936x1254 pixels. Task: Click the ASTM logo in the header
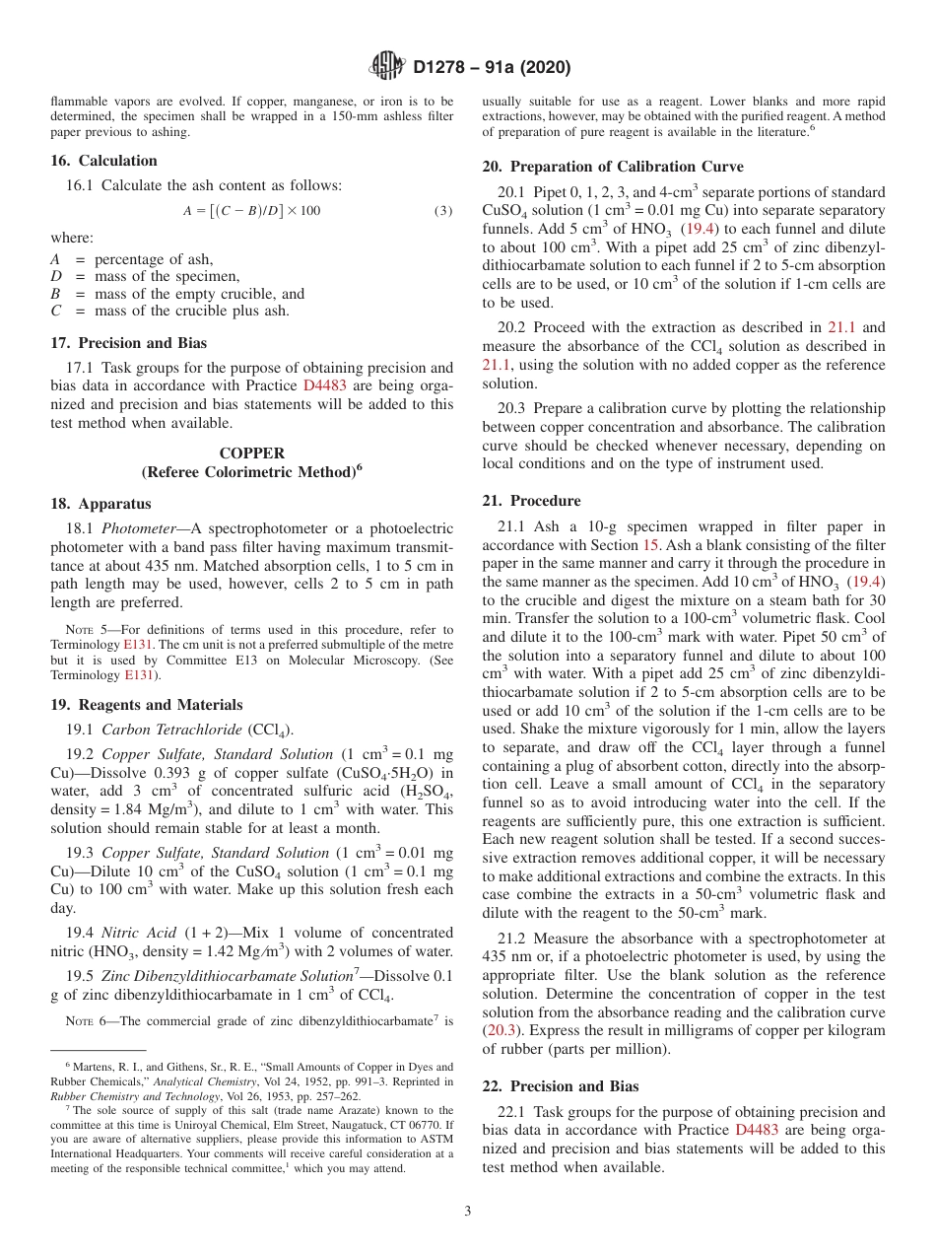[386, 67]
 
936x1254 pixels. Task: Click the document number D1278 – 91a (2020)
[492, 68]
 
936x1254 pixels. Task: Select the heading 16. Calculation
[103, 161]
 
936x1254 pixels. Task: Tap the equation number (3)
[443, 210]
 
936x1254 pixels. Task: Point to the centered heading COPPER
[252, 453]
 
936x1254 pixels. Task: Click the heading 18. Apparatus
[100, 504]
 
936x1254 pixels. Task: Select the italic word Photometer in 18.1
[141, 529]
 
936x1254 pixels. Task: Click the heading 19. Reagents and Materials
[146, 705]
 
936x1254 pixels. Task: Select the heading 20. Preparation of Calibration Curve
[613, 167]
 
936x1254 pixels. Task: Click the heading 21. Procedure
[531, 501]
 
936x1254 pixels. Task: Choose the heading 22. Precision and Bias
[560, 1086]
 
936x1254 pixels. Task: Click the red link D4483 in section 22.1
[756, 1130]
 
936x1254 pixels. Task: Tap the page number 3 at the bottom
[468, 1212]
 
